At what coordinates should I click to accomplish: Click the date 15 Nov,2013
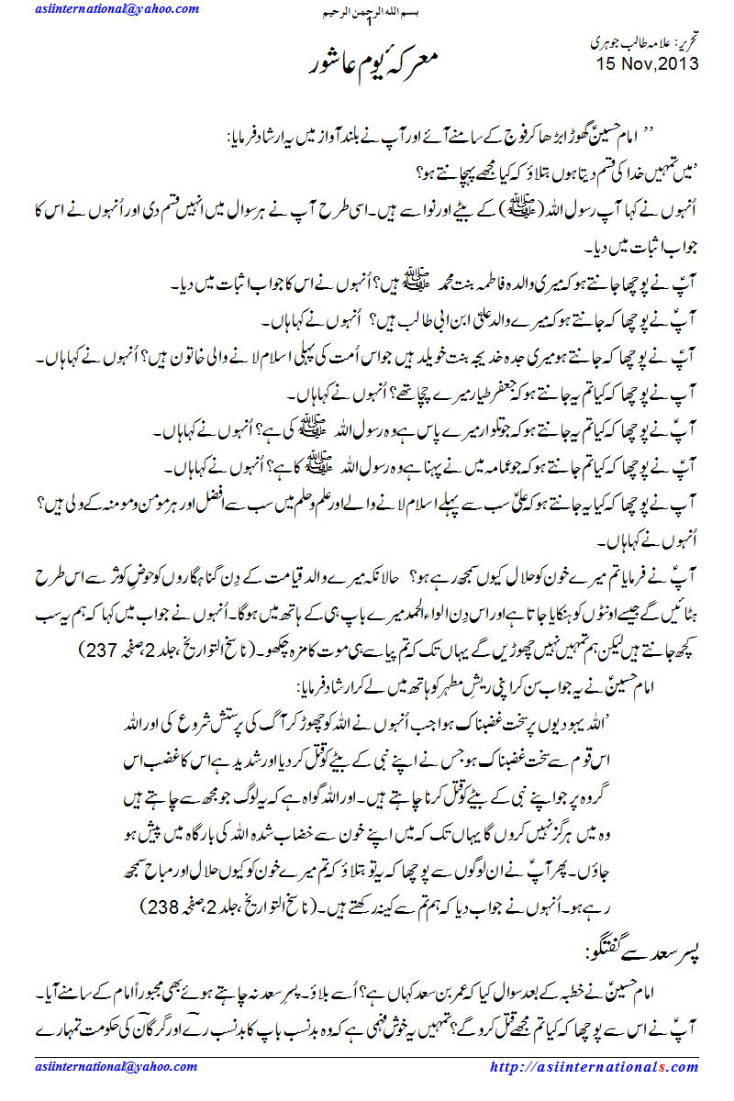coord(648,63)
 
